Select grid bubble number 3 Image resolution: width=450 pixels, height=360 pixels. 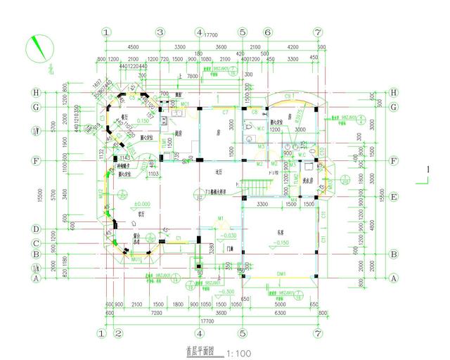coord(160,32)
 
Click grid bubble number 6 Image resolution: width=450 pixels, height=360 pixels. coord(268,32)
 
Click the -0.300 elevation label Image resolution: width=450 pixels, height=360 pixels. coord(226,290)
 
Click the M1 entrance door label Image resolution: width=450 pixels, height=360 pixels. coord(220,219)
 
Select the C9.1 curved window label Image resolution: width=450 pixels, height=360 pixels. coord(288,95)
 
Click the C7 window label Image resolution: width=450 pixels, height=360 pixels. coord(226,112)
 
